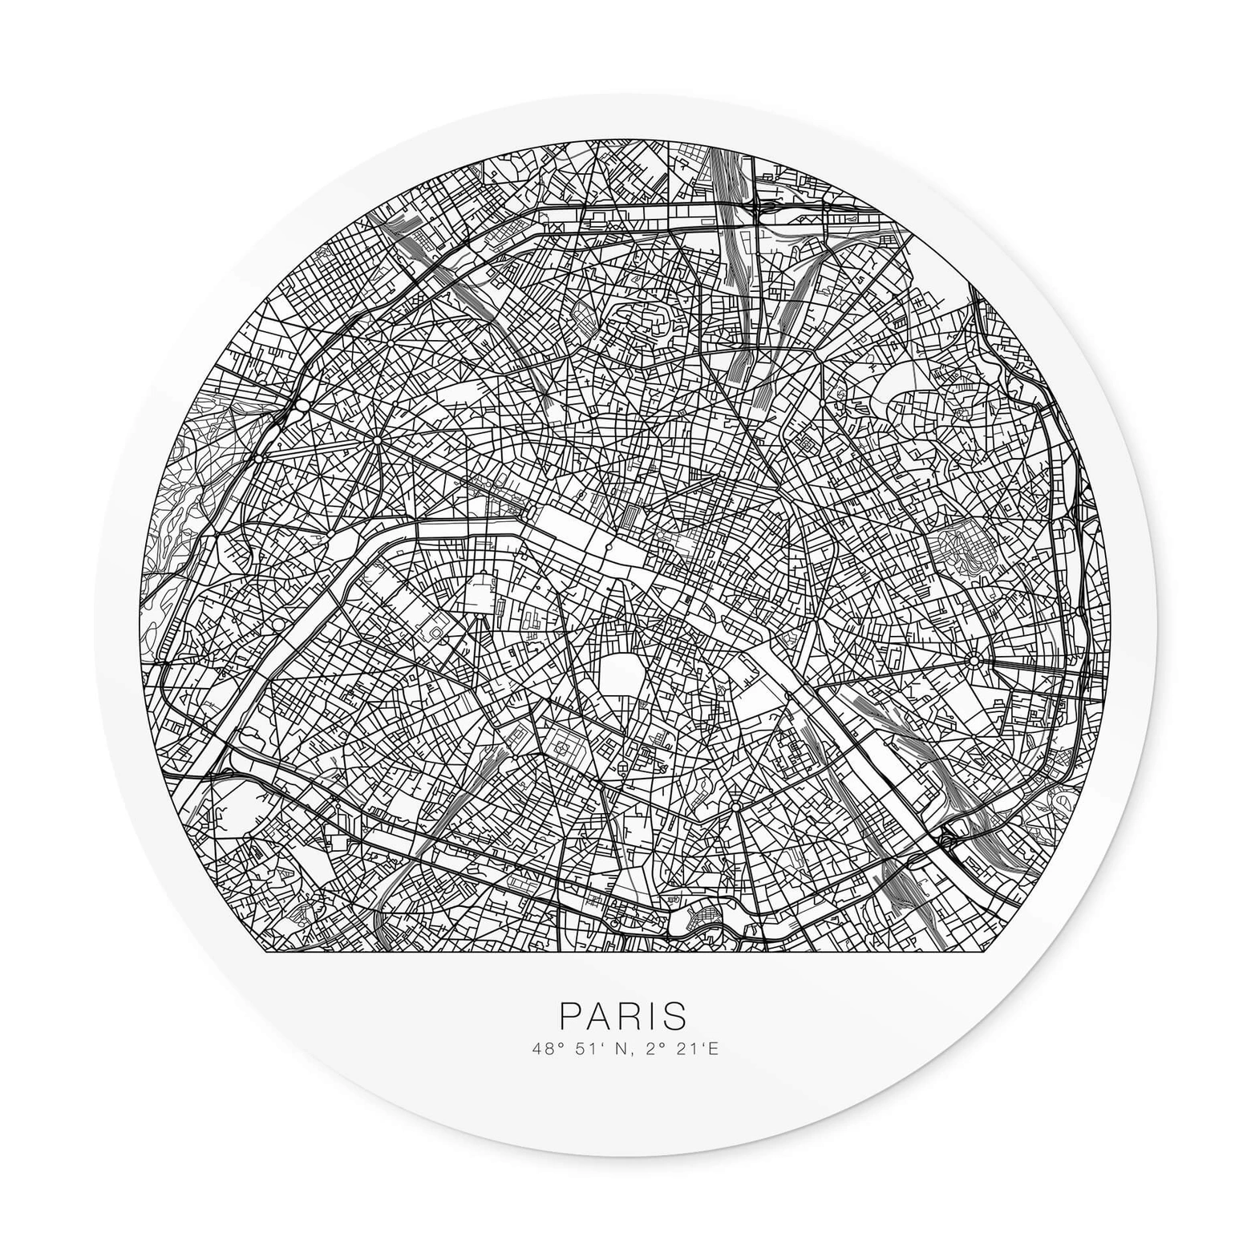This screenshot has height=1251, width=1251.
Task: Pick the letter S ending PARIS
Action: click(x=674, y=1015)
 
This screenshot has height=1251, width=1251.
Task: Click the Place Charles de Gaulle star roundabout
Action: click(x=376, y=440)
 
